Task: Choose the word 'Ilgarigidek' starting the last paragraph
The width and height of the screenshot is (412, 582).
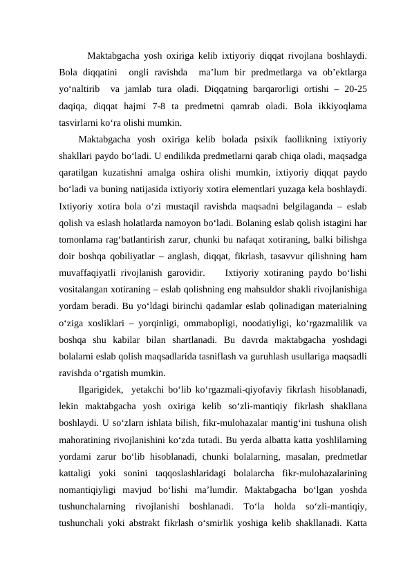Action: (101, 389)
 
